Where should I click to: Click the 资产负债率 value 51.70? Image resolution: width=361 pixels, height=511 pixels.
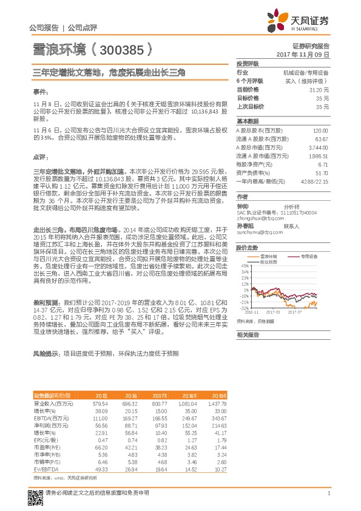(x=321, y=173)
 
